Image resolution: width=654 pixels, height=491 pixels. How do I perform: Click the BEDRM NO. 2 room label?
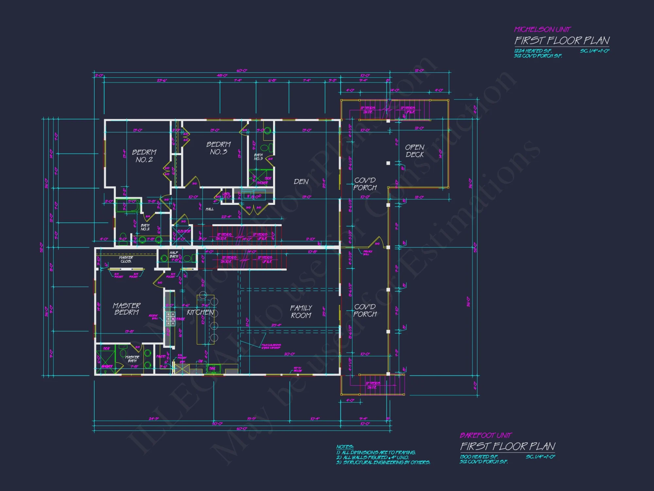[x=144, y=156]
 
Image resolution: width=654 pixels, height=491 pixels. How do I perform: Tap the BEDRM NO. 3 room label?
[x=218, y=148]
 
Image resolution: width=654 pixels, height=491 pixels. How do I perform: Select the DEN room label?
[x=301, y=182]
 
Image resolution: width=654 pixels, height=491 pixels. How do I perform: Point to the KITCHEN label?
[x=200, y=312]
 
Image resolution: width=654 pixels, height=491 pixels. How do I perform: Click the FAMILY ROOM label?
[x=301, y=312]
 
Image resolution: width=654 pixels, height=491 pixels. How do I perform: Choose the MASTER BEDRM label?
[x=127, y=309]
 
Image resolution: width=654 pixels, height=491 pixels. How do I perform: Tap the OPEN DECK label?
[x=415, y=151]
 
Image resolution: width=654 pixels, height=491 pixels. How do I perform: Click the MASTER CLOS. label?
[x=126, y=259]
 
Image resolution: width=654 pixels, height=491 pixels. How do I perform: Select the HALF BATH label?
[x=174, y=255]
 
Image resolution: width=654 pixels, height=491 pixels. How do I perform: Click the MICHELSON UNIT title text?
[x=542, y=29]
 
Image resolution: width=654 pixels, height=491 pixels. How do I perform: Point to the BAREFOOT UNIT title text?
[x=486, y=435]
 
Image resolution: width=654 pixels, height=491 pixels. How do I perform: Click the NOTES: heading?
[x=345, y=447]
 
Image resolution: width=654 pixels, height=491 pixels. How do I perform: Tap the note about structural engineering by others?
[x=383, y=463]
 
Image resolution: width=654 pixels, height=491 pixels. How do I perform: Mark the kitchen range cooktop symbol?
[x=170, y=318]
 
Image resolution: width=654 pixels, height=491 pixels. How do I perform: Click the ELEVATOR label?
[x=184, y=231]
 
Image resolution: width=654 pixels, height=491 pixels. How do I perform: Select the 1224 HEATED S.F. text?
[x=533, y=51]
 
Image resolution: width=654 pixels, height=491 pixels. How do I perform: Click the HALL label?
[x=210, y=209]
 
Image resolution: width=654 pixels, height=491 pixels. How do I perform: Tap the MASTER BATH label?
[x=132, y=359]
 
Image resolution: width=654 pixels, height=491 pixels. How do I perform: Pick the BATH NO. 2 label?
[x=145, y=227]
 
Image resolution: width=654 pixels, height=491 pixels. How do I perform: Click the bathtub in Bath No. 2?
[x=128, y=206]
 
